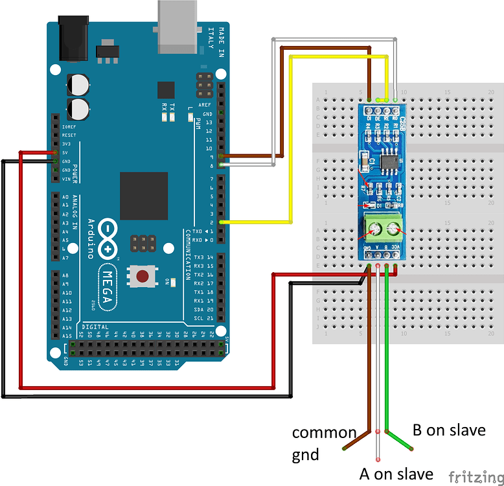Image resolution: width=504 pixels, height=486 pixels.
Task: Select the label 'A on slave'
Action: [396, 474]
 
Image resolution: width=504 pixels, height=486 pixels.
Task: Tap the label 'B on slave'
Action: [449, 430]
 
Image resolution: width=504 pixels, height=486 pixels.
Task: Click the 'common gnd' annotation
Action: [324, 443]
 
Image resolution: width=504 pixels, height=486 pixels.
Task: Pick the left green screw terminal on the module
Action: [373, 228]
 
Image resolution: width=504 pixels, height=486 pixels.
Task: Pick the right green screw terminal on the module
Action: [394, 228]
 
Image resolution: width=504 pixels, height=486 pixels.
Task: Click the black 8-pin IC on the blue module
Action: [390, 161]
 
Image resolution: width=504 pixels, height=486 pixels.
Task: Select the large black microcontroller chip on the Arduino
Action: [144, 196]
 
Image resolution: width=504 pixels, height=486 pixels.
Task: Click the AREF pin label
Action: [208, 104]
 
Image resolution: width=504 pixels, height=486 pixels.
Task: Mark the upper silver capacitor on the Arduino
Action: [80, 84]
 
